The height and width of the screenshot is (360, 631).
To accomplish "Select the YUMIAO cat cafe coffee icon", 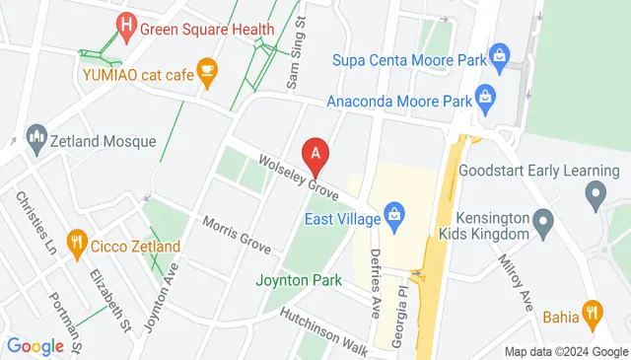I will [x=206, y=69].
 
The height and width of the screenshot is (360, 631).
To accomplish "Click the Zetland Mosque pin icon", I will [x=36, y=134].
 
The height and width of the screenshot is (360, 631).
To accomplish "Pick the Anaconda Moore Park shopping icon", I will [x=484, y=96].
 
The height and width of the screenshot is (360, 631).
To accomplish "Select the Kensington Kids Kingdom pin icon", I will [x=542, y=226].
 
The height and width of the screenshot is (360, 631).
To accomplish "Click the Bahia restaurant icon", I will [x=592, y=312].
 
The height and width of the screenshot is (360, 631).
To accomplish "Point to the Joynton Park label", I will [x=300, y=279].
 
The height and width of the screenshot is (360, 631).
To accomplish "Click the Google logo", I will [x=35, y=346].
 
